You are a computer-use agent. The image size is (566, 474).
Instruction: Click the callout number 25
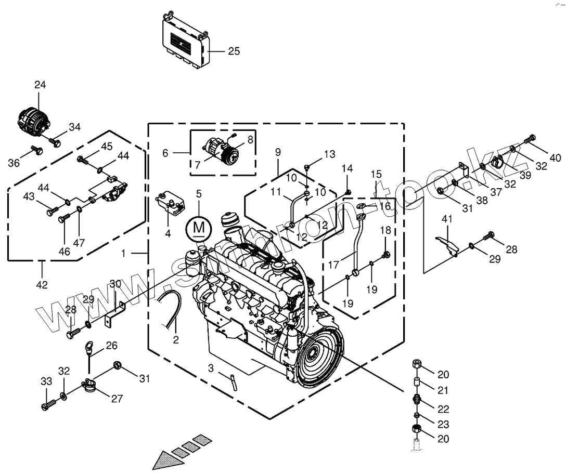(x=234, y=51)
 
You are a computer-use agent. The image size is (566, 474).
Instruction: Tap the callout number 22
(x=443, y=409)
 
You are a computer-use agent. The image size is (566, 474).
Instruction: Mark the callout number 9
(x=278, y=152)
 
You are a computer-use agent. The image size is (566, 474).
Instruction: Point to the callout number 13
(x=329, y=154)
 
